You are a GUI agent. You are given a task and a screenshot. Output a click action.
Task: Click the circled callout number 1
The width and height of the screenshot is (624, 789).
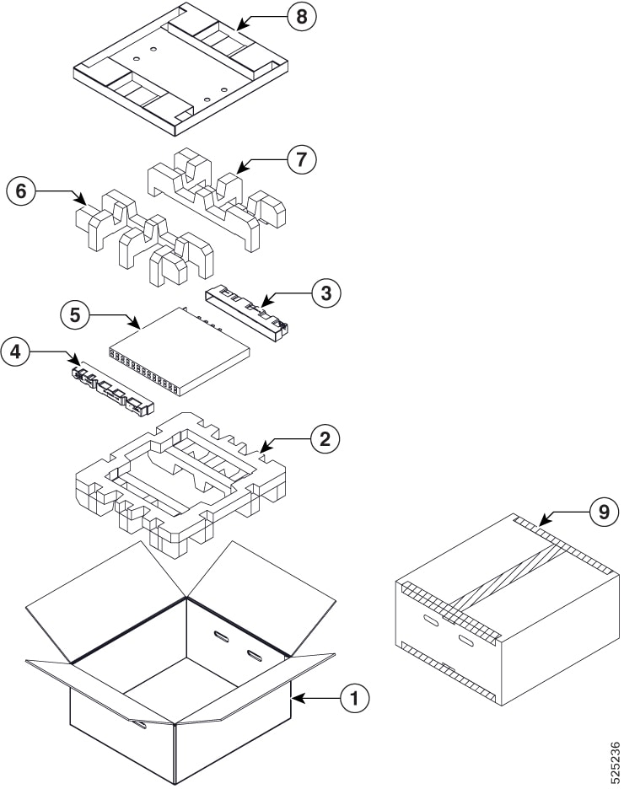pos(355,697)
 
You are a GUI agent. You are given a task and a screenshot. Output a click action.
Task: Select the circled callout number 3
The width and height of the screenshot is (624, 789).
pos(325,293)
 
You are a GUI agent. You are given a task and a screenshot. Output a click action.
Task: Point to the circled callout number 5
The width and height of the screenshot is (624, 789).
pos(75,315)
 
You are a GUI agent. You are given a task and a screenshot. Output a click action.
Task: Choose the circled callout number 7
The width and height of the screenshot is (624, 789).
pos(302,159)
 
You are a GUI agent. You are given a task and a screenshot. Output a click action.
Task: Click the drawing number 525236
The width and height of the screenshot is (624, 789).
pos(613,759)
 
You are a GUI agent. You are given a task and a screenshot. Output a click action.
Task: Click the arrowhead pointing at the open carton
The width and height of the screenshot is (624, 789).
pos(296,698)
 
